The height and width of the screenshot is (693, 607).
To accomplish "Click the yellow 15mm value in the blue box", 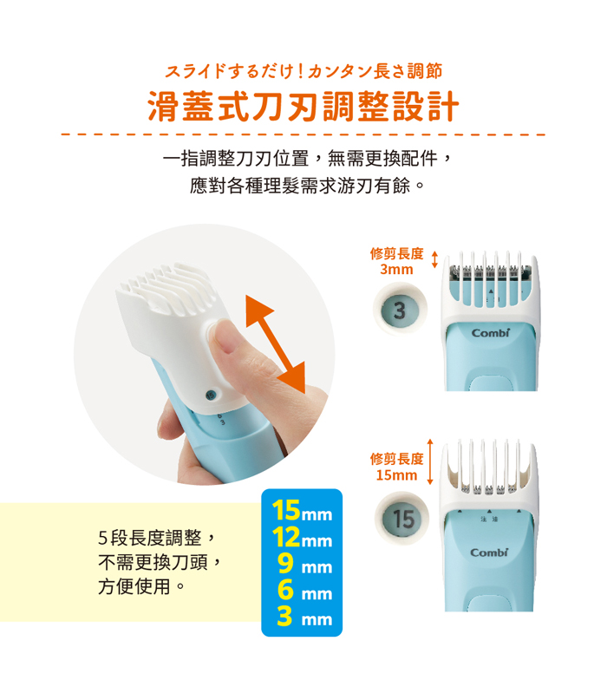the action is tap(302, 511).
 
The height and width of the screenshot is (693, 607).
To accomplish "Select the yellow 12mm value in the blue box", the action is tap(302, 538).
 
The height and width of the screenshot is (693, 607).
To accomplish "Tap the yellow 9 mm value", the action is tap(304, 564).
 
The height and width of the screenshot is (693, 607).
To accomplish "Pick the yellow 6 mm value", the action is tap(304, 590).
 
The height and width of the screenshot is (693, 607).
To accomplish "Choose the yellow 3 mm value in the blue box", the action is tap(304, 616).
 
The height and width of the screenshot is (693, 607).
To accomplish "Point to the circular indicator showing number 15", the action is tap(401, 518).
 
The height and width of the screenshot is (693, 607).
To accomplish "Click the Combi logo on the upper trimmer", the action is tap(491, 332).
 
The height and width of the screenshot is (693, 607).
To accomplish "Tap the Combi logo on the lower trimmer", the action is tap(489, 552).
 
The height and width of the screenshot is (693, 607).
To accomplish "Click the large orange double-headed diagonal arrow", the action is tap(275, 343).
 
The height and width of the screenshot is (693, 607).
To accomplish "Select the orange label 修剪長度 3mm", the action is tap(396, 261).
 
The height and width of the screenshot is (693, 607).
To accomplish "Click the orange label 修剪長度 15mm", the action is tap(396, 467).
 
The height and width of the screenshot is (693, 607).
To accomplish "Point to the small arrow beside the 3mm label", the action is tap(434, 259).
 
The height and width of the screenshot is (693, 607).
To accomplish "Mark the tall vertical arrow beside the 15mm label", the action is tap(430, 461).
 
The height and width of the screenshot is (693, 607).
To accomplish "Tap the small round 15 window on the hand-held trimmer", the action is tap(211, 396).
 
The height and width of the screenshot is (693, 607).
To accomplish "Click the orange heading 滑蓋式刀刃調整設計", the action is tap(303, 107).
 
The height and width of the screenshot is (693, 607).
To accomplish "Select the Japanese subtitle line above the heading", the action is tap(303, 71).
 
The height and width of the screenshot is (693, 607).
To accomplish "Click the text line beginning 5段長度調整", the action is tap(157, 538).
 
